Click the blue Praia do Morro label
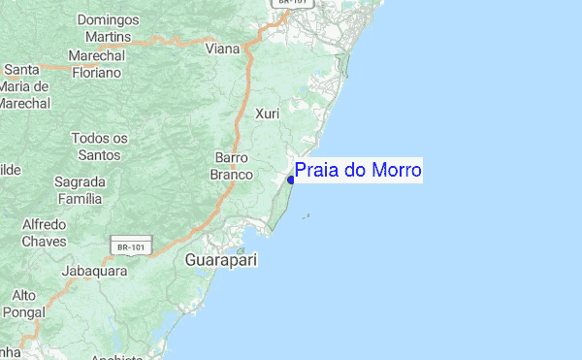[x=358, y=171]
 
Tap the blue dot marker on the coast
[x=291, y=180]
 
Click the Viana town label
[x=223, y=48]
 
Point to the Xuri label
[x=267, y=115]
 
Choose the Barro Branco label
[x=231, y=166]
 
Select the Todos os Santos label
[x=100, y=147]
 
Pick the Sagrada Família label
[x=79, y=190]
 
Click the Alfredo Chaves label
[x=45, y=232]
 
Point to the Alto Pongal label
[x=19, y=304]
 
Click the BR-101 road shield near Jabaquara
[x=131, y=247]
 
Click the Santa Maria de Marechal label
[x=23, y=85]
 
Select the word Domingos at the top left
[x=109, y=18]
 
